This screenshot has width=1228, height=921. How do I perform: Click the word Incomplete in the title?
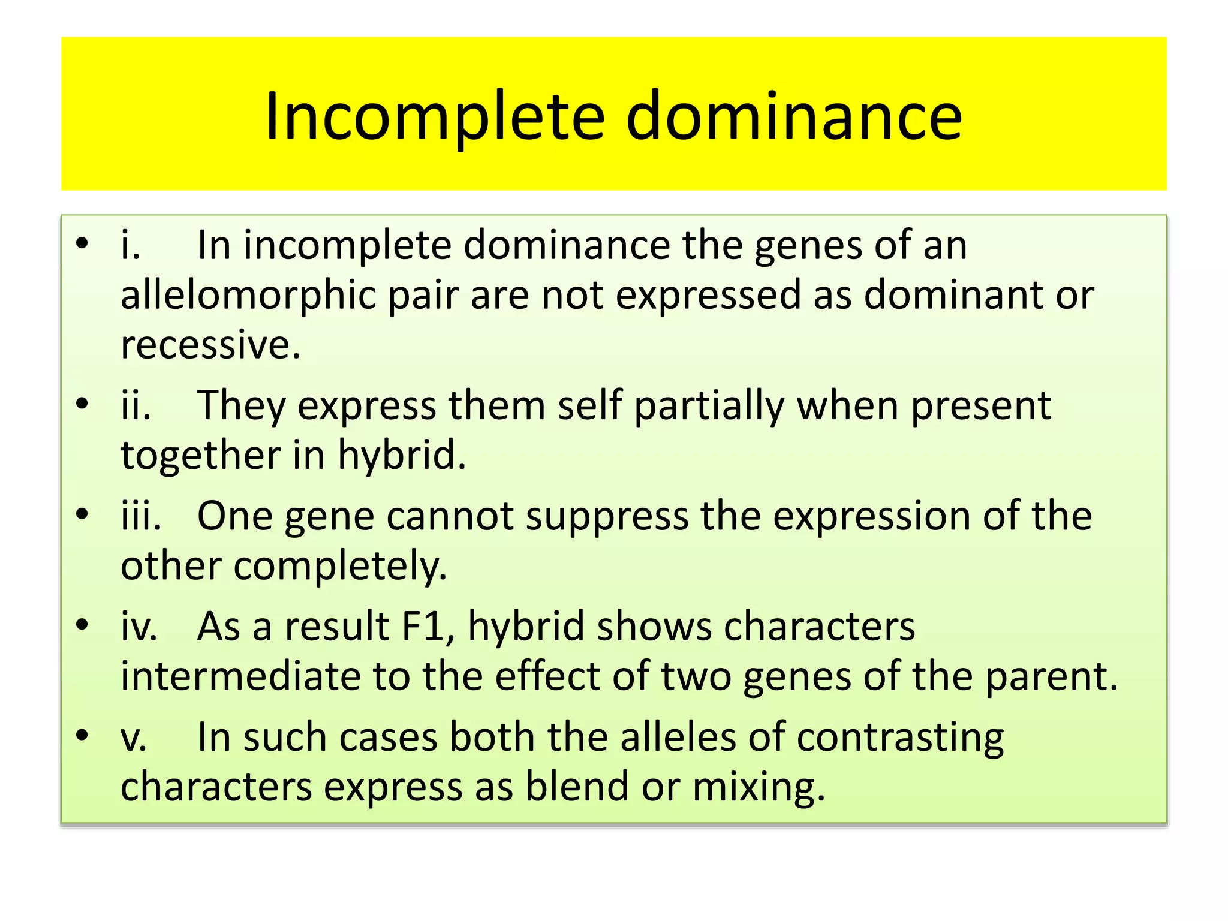[435, 117]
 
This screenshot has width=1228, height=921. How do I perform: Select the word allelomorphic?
[248, 296]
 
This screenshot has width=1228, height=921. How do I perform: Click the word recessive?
[210, 345]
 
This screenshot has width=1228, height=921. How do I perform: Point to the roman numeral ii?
[136, 405]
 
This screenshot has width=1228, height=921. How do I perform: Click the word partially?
[709, 407]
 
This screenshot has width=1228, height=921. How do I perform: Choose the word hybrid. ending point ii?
[402, 455]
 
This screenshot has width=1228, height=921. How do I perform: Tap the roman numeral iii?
[141, 516]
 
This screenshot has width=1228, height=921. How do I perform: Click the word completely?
[340, 567]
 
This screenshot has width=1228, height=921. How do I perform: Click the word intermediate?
[240, 676]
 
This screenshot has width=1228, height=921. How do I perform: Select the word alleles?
[678, 737]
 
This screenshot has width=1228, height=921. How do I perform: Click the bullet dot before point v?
[83, 735]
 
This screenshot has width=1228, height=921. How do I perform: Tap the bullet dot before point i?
[83, 243]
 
